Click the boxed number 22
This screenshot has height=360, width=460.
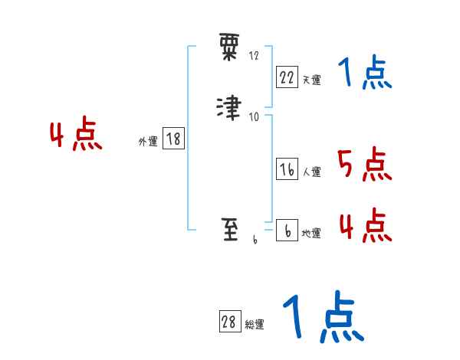pyautogui.click(x=287, y=77)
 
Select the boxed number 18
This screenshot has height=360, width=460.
pyautogui.click(x=173, y=139)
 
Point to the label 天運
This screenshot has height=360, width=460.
pyautogui.click(x=311, y=79)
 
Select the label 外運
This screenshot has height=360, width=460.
pyautogui.click(x=148, y=141)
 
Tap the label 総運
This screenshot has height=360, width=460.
pyautogui.click(x=255, y=325)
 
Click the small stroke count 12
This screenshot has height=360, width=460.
pyautogui.click(x=254, y=56)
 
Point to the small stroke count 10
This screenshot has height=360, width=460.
pyautogui.click(x=254, y=116)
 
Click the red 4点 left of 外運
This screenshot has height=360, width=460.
pyautogui.click(x=76, y=136)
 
